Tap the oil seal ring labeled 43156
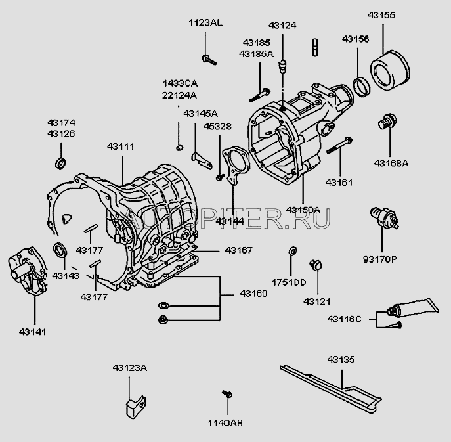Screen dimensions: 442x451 (360, 85)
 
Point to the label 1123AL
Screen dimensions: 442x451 (205, 22)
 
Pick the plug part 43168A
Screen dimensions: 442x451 (387, 122)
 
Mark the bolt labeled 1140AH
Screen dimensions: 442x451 (227, 394)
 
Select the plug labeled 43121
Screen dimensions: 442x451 (318, 265)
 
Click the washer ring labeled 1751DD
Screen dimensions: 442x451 (292, 251)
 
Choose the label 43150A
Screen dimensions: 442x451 (303, 210)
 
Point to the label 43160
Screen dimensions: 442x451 (253, 293)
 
